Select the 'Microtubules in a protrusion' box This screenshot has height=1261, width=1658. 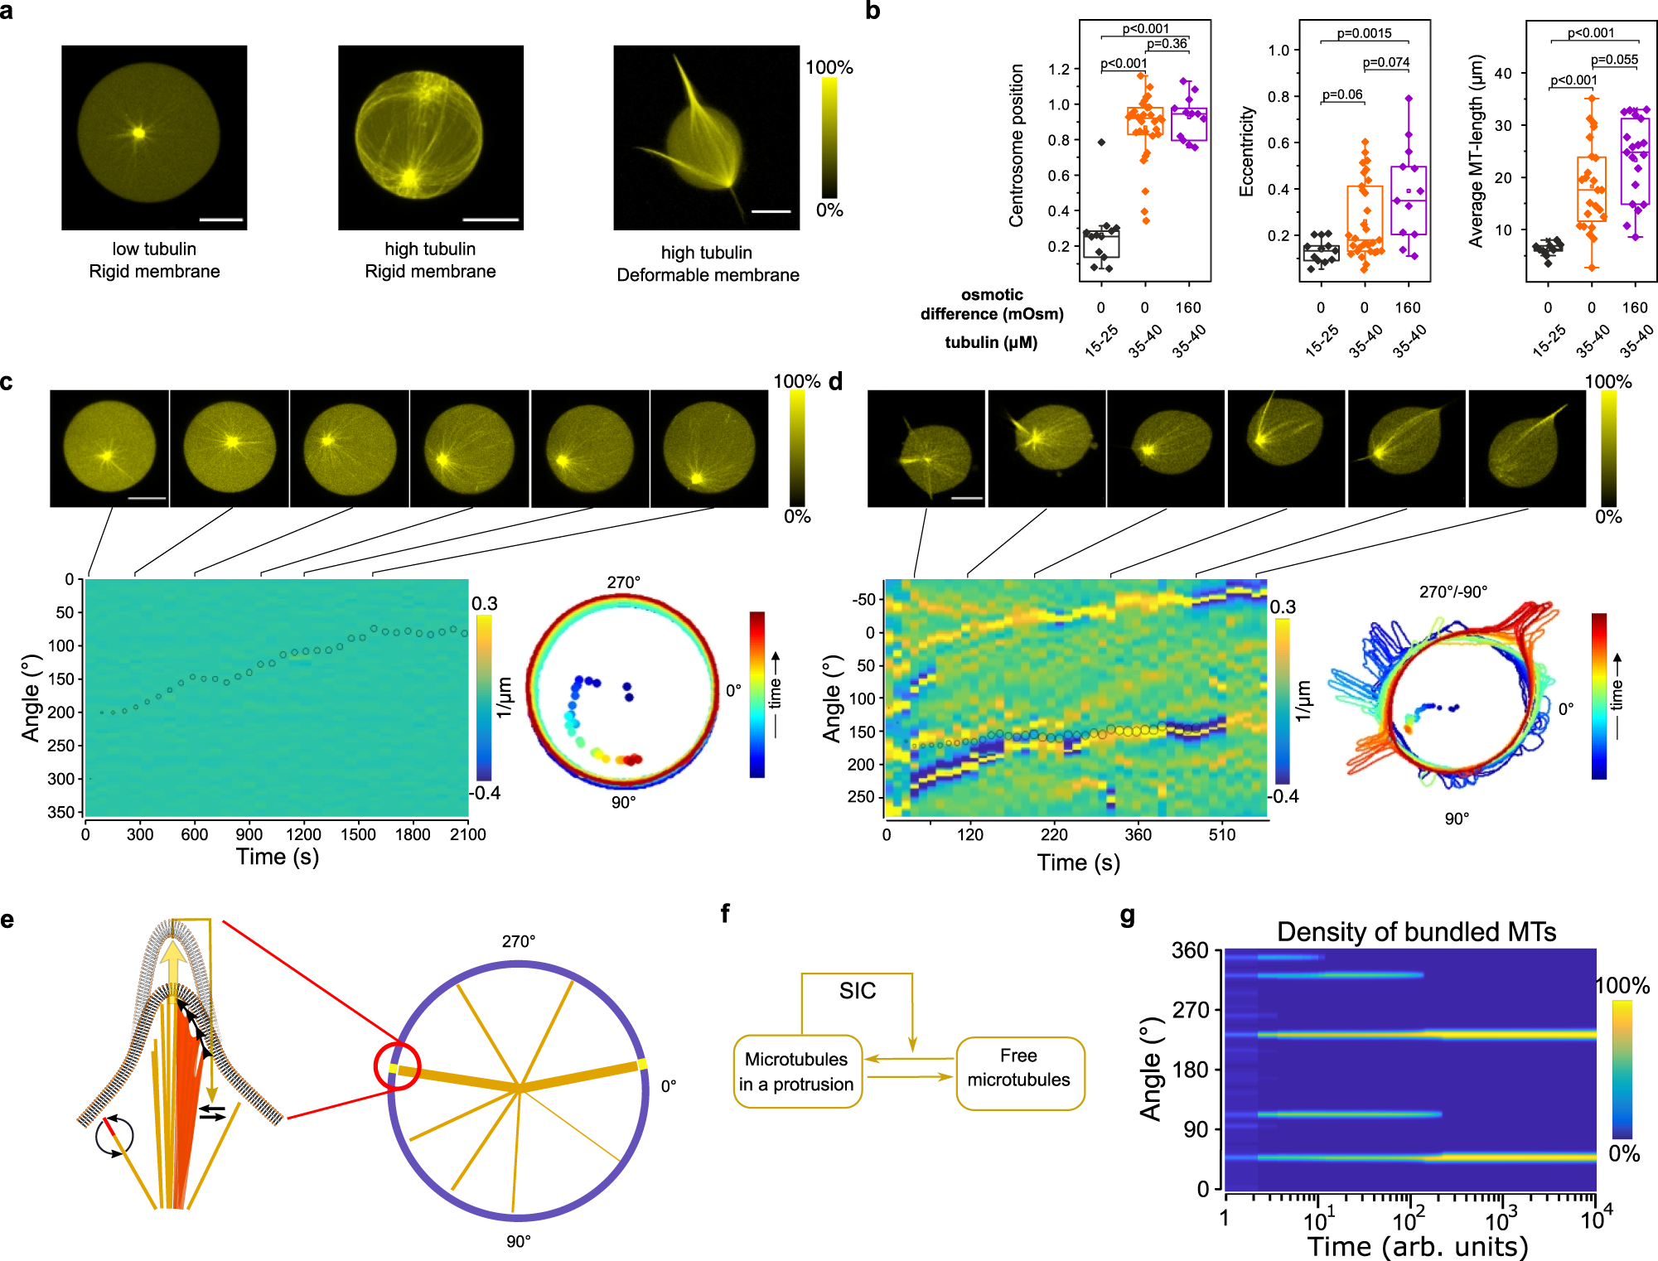point(797,1071)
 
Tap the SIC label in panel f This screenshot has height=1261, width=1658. point(857,991)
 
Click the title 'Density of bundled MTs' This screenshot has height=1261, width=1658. point(1416,932)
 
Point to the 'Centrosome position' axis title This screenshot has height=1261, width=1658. point(1017,145)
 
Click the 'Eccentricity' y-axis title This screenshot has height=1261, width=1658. point(1246,151)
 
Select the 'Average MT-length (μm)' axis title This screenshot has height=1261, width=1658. point(1476,151)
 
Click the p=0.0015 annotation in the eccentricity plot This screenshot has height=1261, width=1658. point(1364,33)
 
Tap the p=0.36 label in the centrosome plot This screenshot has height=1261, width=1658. point(1167,44)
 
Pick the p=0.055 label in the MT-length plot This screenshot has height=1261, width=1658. point(1614,60)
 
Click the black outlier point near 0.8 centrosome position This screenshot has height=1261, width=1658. point(1101,143)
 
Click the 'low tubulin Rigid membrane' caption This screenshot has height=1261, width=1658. point(155,260)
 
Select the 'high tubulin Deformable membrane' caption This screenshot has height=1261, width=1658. point(708,263)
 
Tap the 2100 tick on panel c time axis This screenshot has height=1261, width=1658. point(467,835)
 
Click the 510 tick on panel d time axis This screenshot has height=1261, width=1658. point(1221,835)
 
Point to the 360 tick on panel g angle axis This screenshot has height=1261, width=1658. point(1191,951)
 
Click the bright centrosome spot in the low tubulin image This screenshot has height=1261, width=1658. point(139,133)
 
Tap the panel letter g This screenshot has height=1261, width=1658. point(1127,916)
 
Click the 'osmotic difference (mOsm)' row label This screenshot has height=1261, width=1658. point(992,304)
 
